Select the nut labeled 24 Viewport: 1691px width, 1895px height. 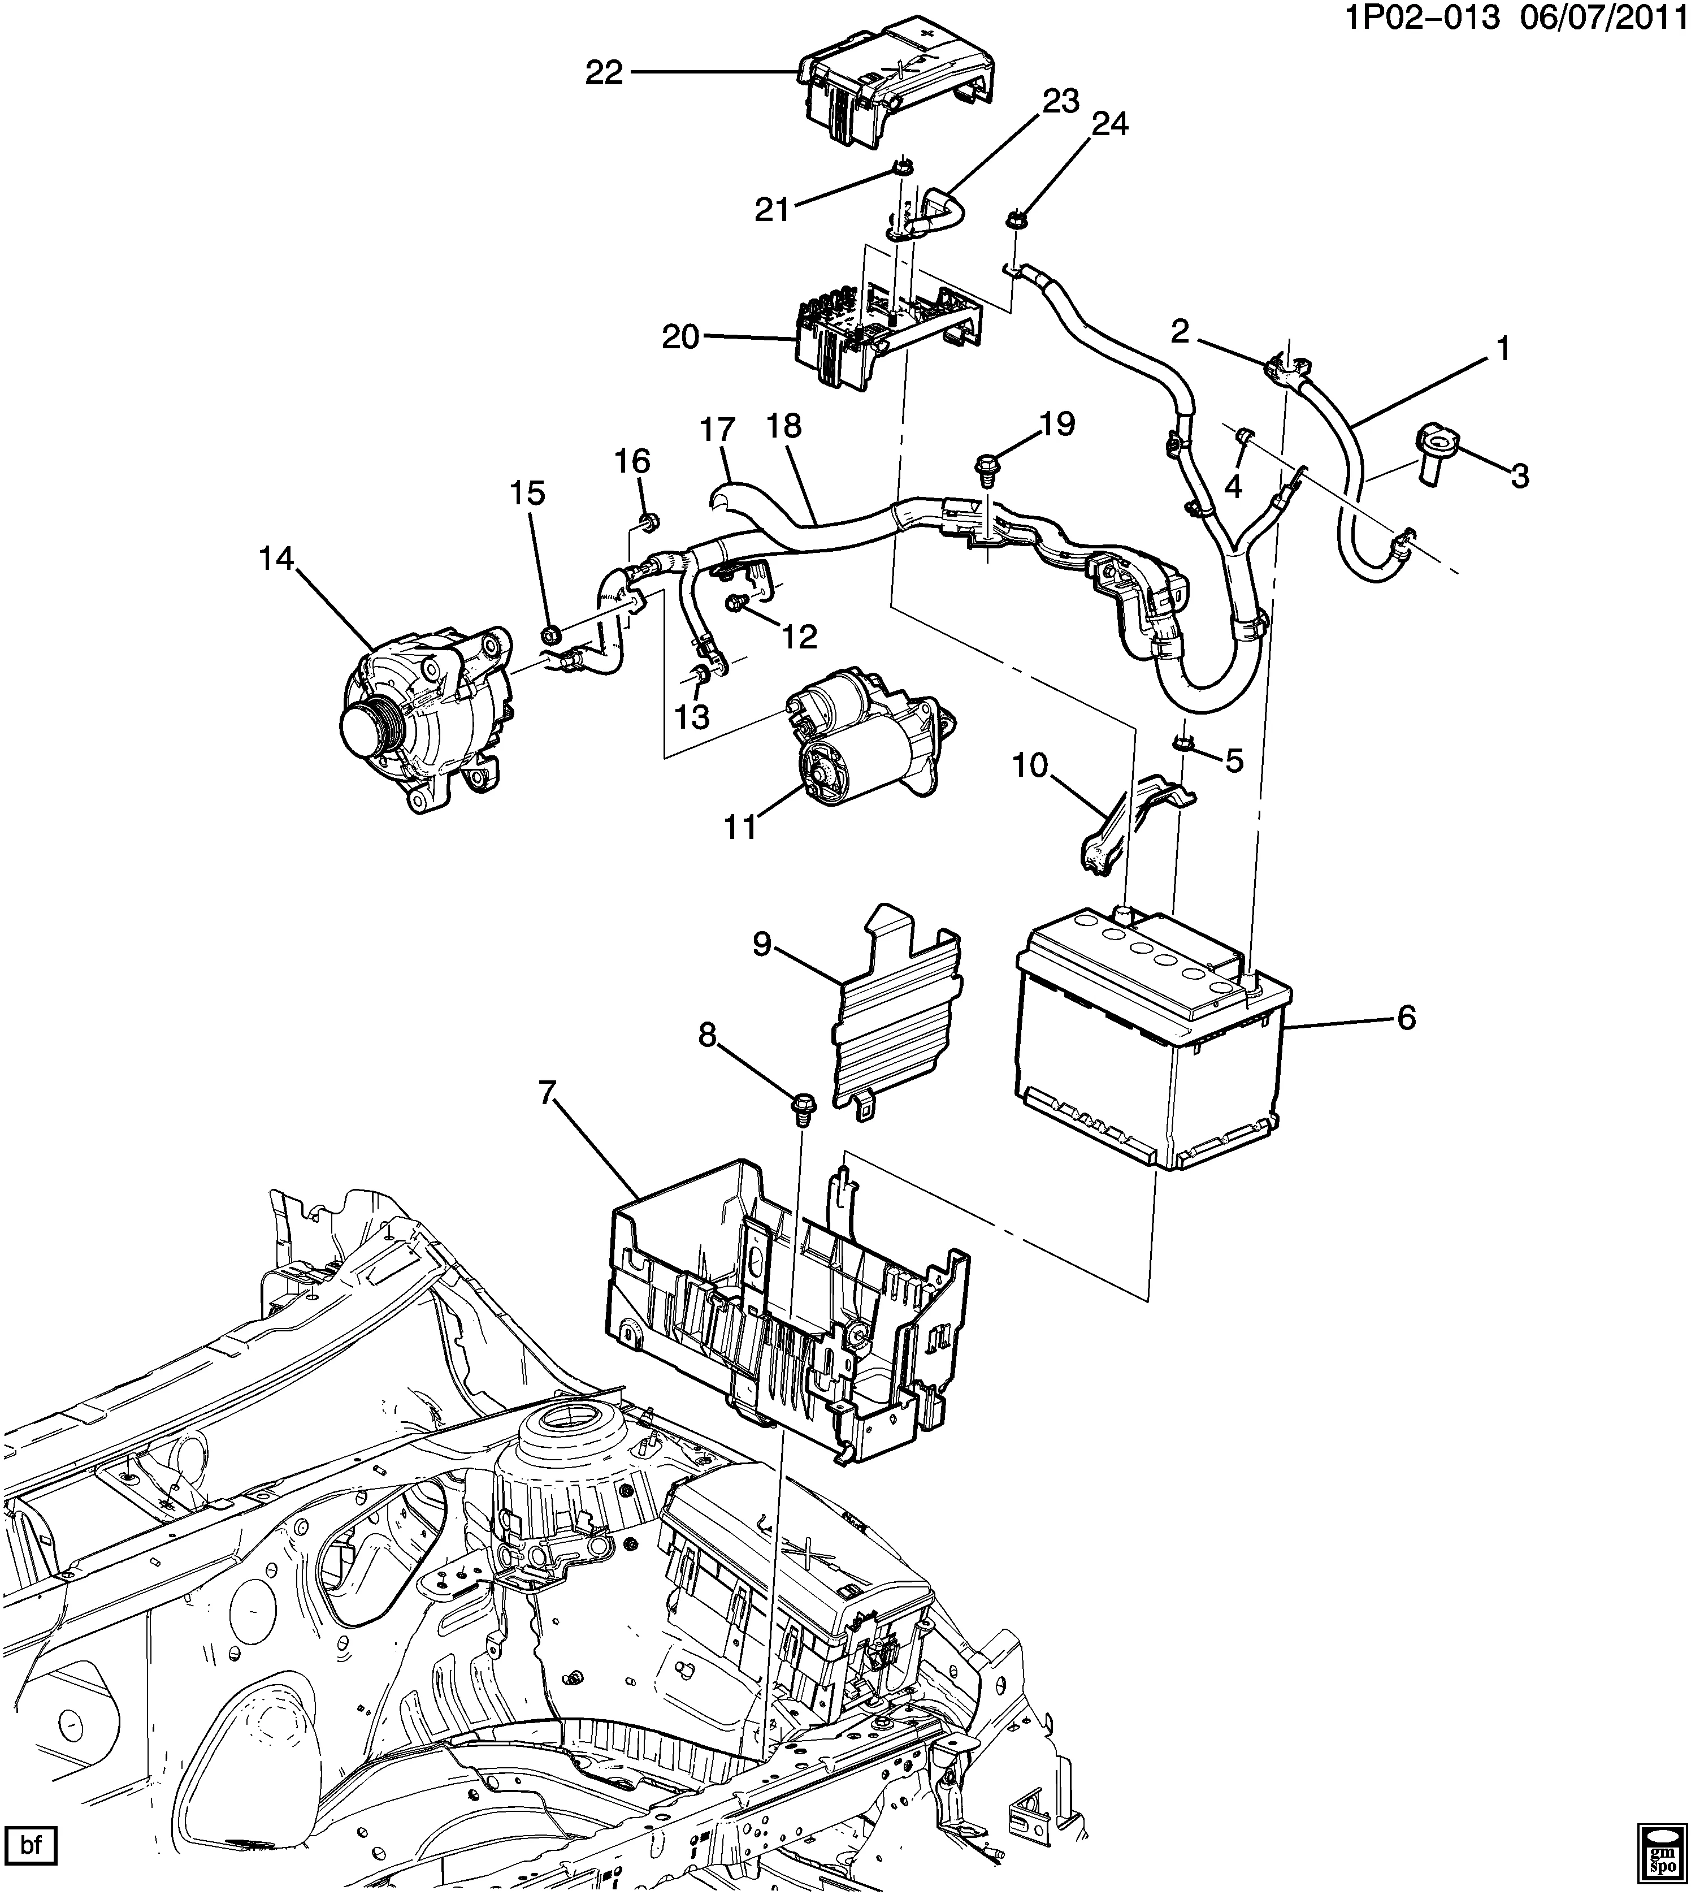(x=1012, y=221)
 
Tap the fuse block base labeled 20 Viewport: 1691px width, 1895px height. (x=883, y=335)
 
